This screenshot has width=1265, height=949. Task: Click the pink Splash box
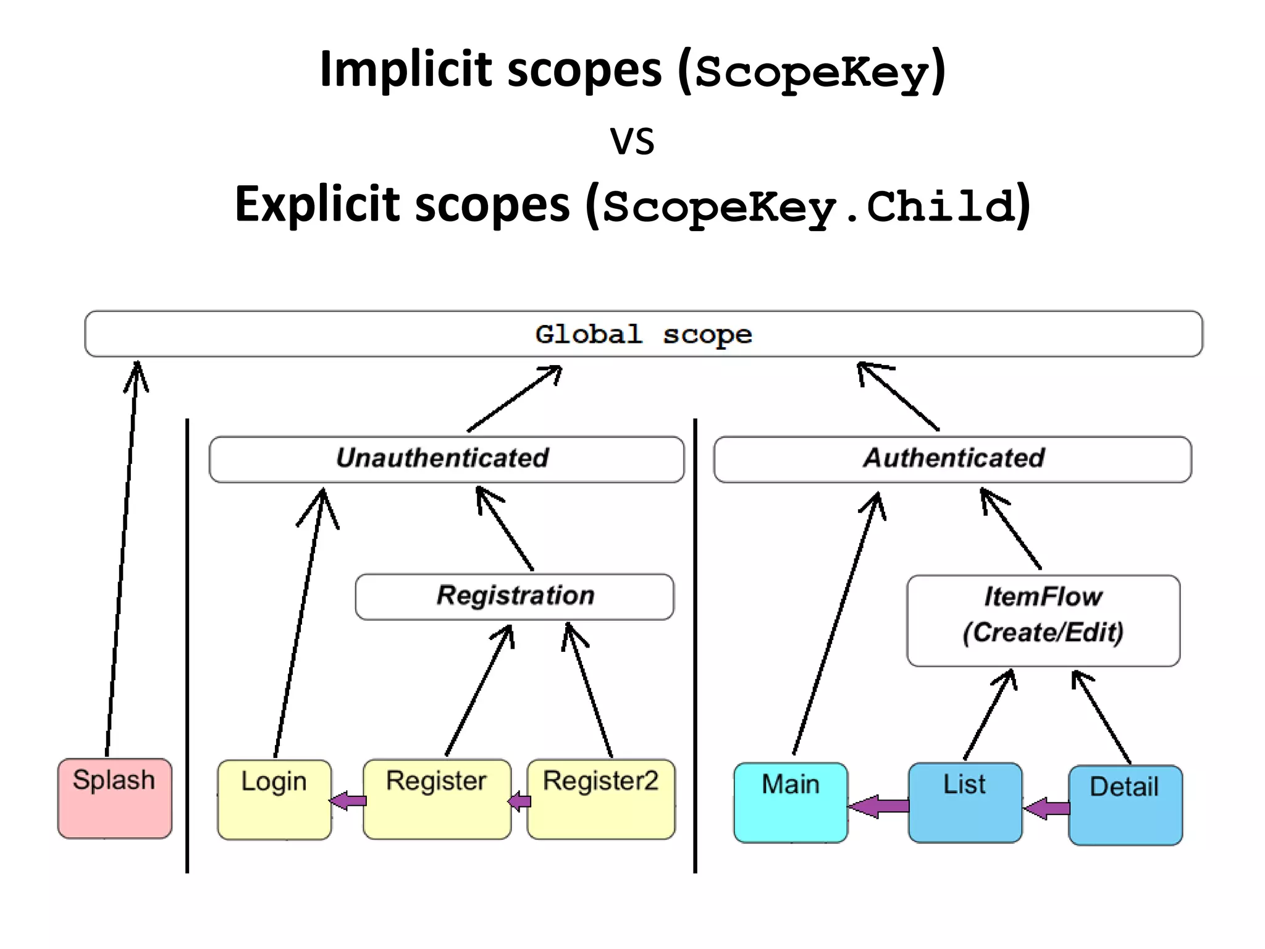coord(114,798)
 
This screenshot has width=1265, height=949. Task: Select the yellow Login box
coord(274,799)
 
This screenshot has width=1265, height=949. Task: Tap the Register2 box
coord(600,799)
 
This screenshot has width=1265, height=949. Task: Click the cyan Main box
coord(791,802)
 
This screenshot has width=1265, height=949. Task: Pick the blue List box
coord(965,802)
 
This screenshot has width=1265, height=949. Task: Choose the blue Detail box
coord(1125,805)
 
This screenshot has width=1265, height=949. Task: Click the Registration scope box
coord(515,596)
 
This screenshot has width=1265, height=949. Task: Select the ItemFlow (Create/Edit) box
coord(1043,620)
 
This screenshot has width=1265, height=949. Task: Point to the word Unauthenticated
coord(442,458)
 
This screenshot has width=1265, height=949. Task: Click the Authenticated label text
coord(954,458)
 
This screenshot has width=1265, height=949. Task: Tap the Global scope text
coord(643,334)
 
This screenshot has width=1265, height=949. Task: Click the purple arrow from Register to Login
coord(348,801)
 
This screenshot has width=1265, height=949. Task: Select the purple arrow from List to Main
coord(878,806)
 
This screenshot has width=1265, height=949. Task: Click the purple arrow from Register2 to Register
coord(519,801)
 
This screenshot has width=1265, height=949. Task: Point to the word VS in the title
coord(632,141)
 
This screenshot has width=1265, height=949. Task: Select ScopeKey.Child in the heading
coord(809,207)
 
